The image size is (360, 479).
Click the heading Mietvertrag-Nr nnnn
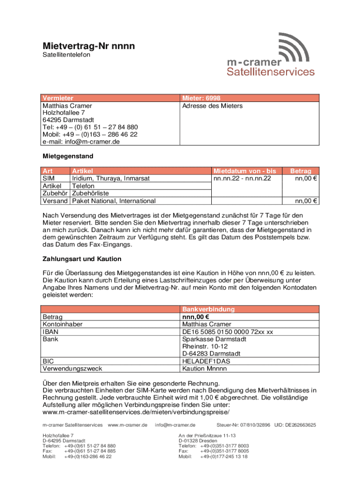89,46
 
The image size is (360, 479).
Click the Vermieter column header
58,98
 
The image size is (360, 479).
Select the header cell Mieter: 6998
201,98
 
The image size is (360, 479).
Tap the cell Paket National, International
114,201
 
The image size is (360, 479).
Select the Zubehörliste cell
91,194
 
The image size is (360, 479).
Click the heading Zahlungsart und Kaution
82,259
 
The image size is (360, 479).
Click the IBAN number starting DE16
228,332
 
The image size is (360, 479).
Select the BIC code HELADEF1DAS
206,361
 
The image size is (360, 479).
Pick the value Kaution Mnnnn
204,369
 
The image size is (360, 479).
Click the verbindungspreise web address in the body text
136,412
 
